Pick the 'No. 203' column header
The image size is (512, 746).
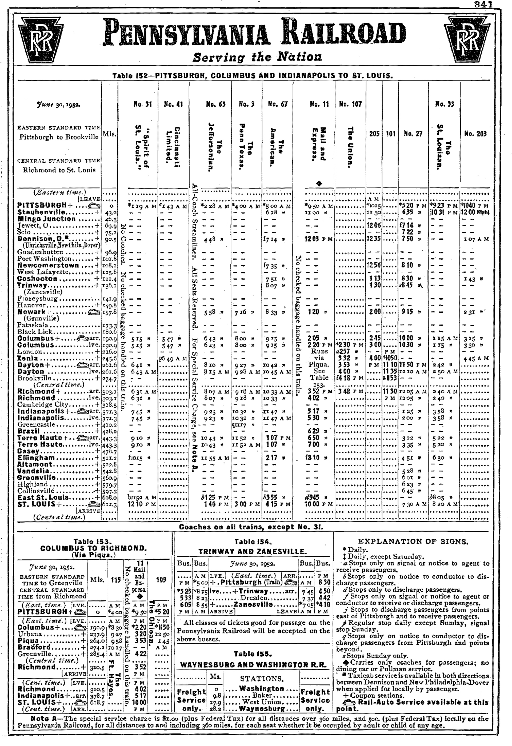click(x=475, y=134)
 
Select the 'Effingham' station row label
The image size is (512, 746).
click(x=36, y=458)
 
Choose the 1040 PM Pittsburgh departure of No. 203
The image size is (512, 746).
click(x=475, y=206)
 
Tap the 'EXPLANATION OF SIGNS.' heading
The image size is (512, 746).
click(x=413, y=542)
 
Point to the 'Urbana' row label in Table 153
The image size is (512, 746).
click(x=30, y=634)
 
